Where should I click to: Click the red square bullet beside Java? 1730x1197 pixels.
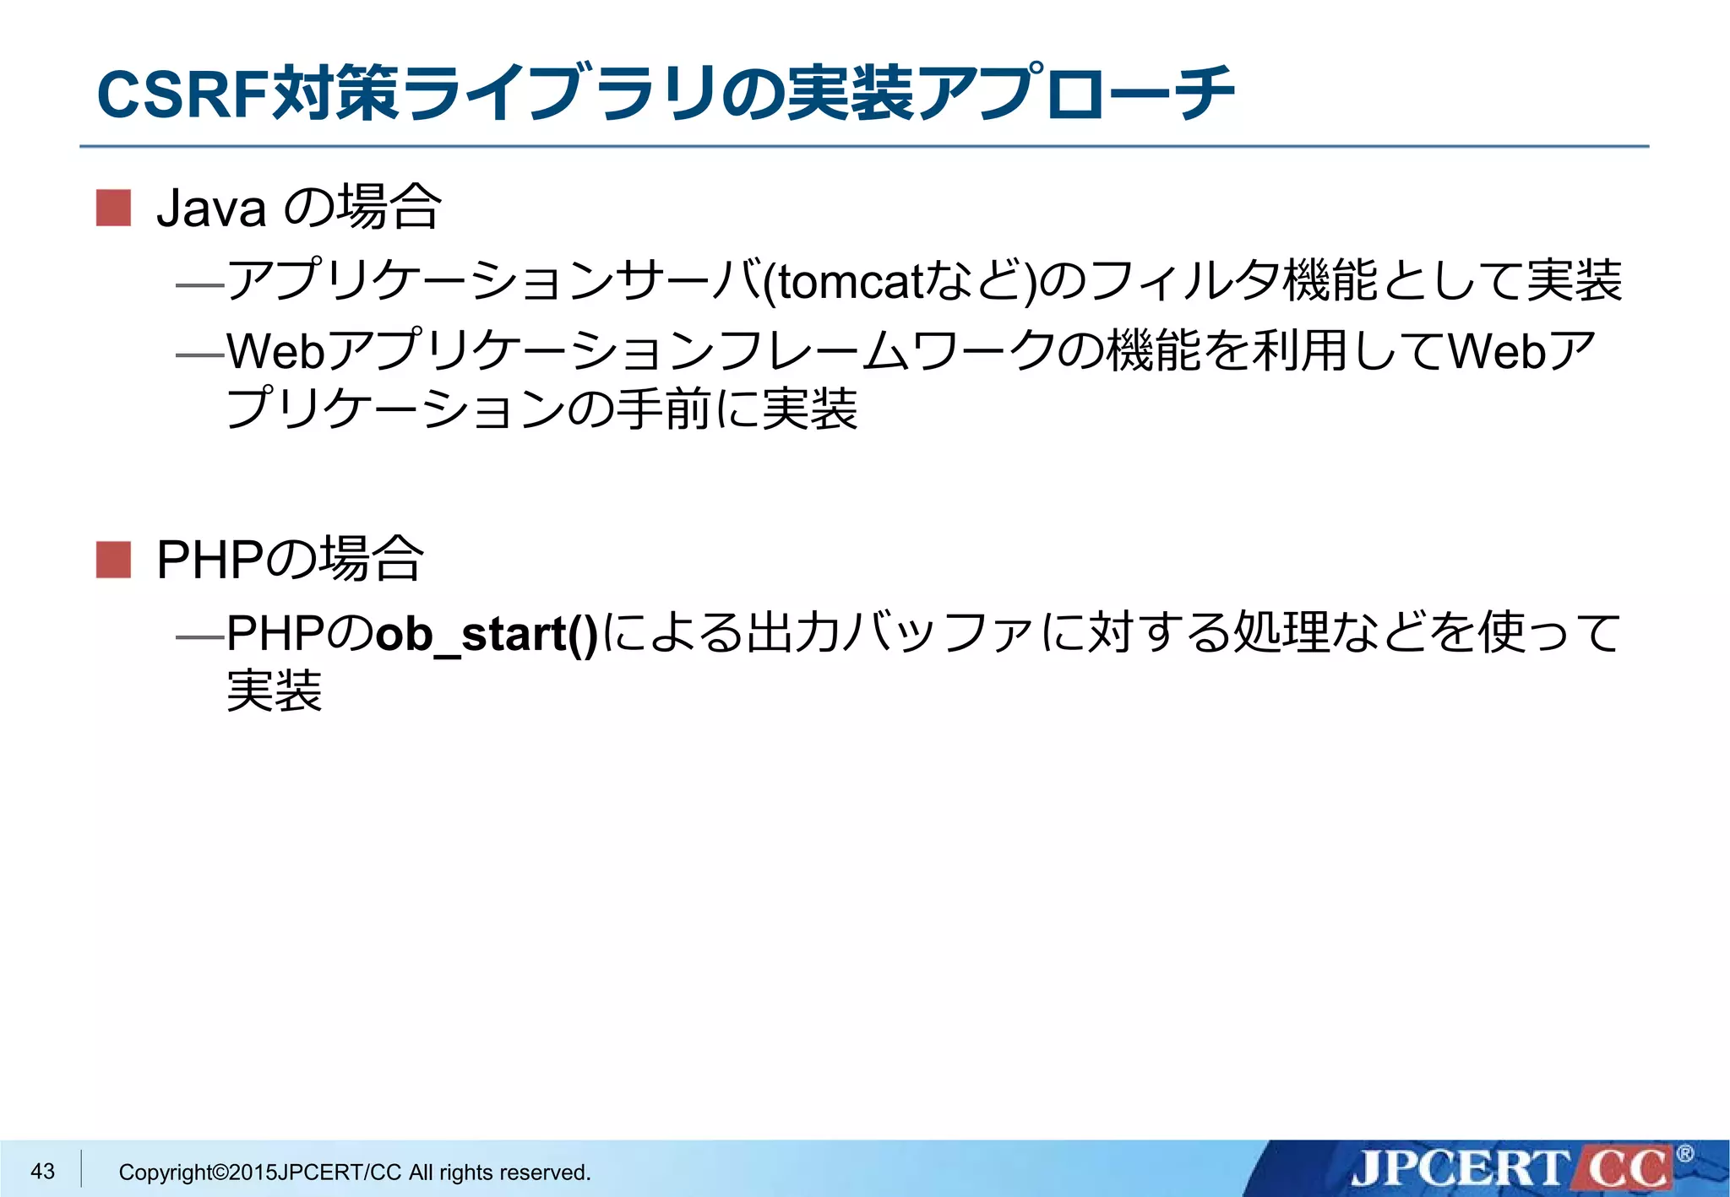113,208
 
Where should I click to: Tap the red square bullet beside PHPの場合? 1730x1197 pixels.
113,560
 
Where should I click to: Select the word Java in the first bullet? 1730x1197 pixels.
211,209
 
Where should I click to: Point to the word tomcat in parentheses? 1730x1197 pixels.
850,282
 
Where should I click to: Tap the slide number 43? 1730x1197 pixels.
42,1171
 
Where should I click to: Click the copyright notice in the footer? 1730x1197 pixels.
355,1172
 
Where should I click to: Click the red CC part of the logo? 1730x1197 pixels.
1626,1169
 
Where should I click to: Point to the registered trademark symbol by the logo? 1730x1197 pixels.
1684,1153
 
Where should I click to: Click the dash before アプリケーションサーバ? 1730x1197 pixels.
199,286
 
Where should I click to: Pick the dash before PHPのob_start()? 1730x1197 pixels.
199,637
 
